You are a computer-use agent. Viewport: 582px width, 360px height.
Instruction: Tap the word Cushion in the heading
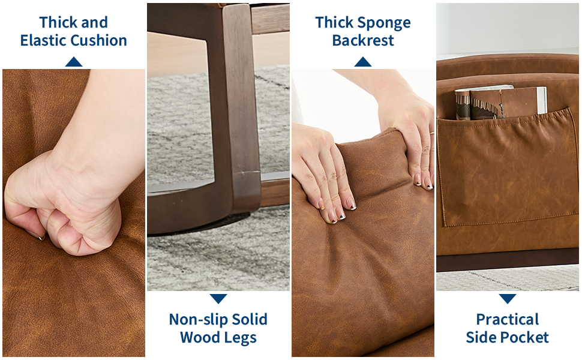99,40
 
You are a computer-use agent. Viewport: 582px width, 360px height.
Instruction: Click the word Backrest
363,40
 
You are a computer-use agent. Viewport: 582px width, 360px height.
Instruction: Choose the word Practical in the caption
508,319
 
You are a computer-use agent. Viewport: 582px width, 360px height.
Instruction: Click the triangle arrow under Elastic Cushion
73,62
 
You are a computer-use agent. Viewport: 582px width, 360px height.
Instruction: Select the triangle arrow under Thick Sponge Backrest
362,62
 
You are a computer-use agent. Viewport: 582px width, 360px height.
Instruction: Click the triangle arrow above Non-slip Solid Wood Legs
218,298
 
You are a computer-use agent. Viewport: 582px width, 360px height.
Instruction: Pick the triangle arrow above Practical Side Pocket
508,298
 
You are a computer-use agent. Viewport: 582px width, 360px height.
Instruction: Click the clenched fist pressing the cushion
63,208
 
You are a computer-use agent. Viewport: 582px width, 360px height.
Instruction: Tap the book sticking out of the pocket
501,102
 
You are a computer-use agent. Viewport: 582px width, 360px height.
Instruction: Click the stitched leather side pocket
507,169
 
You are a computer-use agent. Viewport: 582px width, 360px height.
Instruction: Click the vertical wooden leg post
239,107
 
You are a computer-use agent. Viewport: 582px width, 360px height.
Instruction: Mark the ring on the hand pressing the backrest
432,133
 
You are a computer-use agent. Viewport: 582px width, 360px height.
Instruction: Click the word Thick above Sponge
334,22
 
